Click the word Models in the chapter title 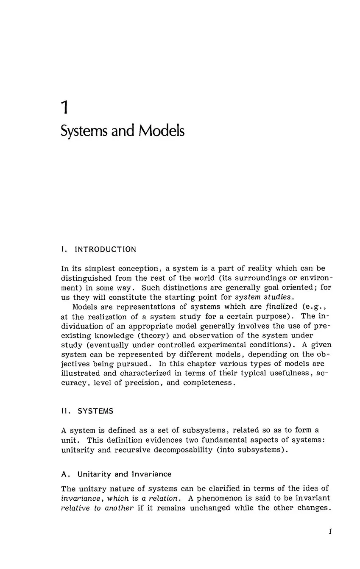[x=161, y=131]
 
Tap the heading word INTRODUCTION [x=105, y=249]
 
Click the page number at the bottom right [x=330, y=532]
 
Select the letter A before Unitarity [x=64, y=474]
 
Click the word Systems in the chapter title [x=83, y=131]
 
